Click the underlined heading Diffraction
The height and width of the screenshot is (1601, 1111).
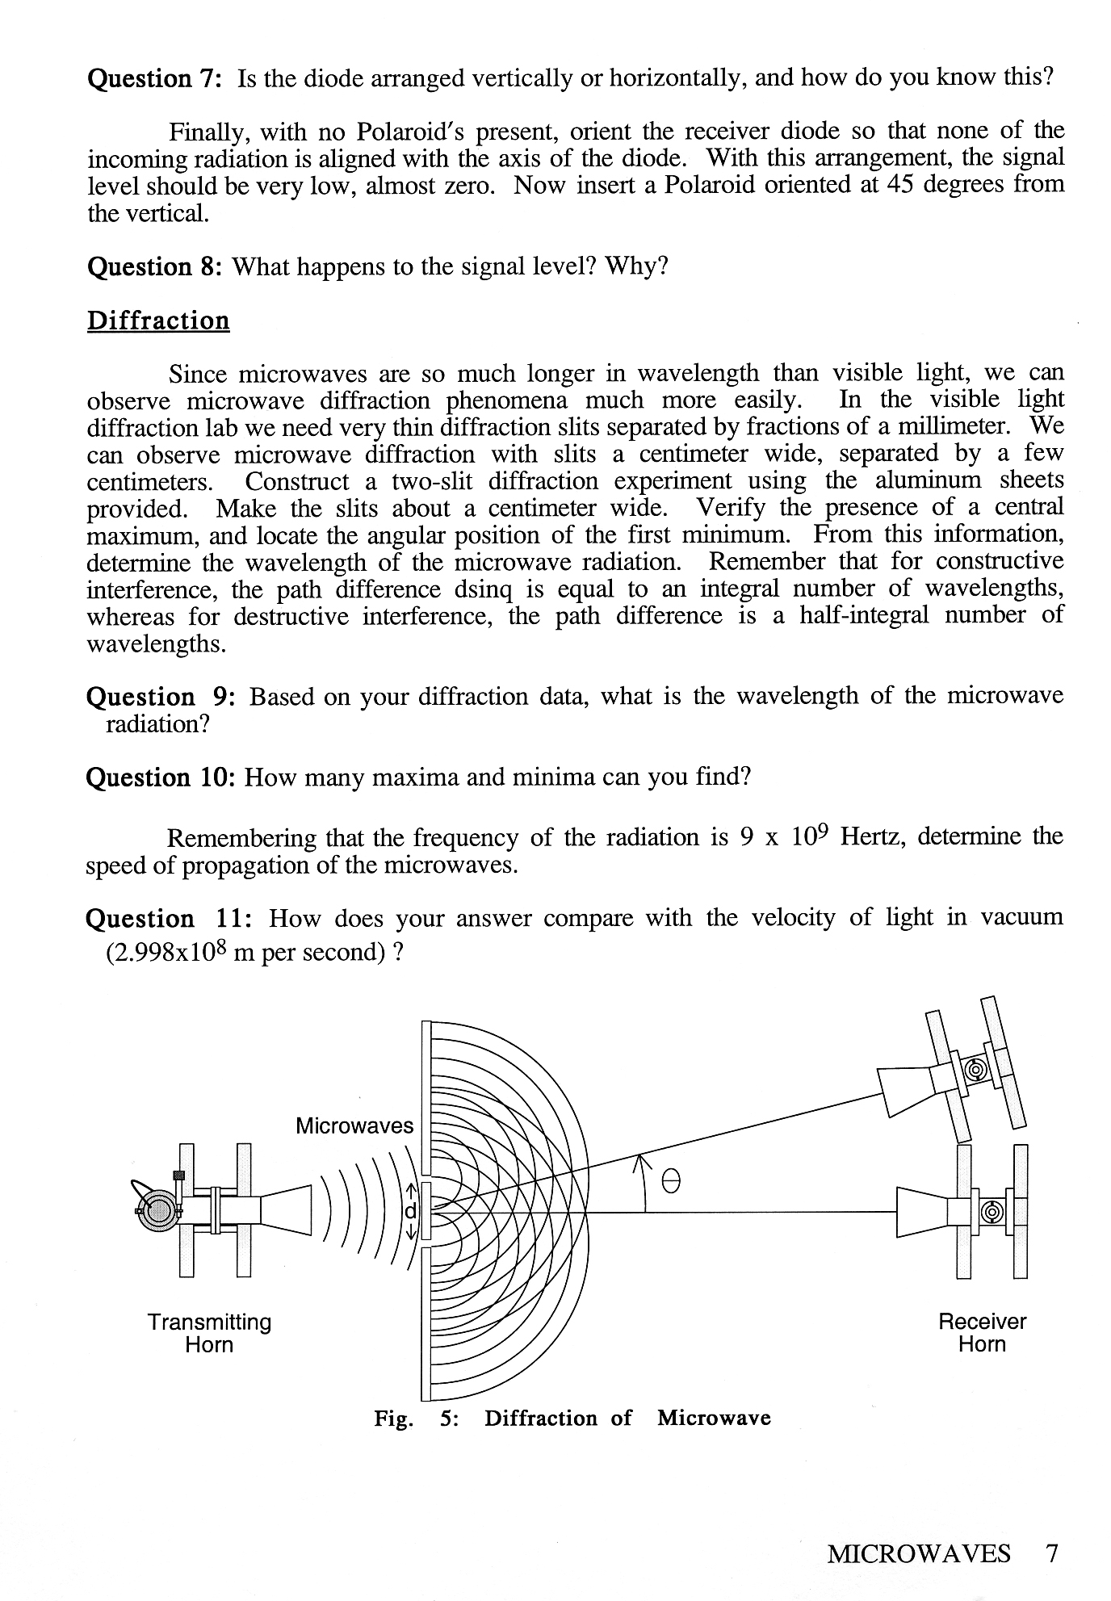[x=158, y=321]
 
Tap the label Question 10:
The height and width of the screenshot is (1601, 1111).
[x=160, y=777]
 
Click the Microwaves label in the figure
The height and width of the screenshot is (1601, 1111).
[x=354, y=1125]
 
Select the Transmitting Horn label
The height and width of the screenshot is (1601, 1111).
[x=209, y=1333]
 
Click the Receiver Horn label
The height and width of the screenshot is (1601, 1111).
[x=982, y=1332]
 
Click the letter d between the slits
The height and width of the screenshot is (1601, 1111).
[x=410, y=1211]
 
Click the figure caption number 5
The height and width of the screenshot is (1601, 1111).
[x=449, y=1419]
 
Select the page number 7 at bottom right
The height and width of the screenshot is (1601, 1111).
[x=1051, y=1553]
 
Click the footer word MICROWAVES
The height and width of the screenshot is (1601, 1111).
[x=918, y=1553]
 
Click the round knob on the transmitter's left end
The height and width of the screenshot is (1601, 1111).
[x=157, y=1209]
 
